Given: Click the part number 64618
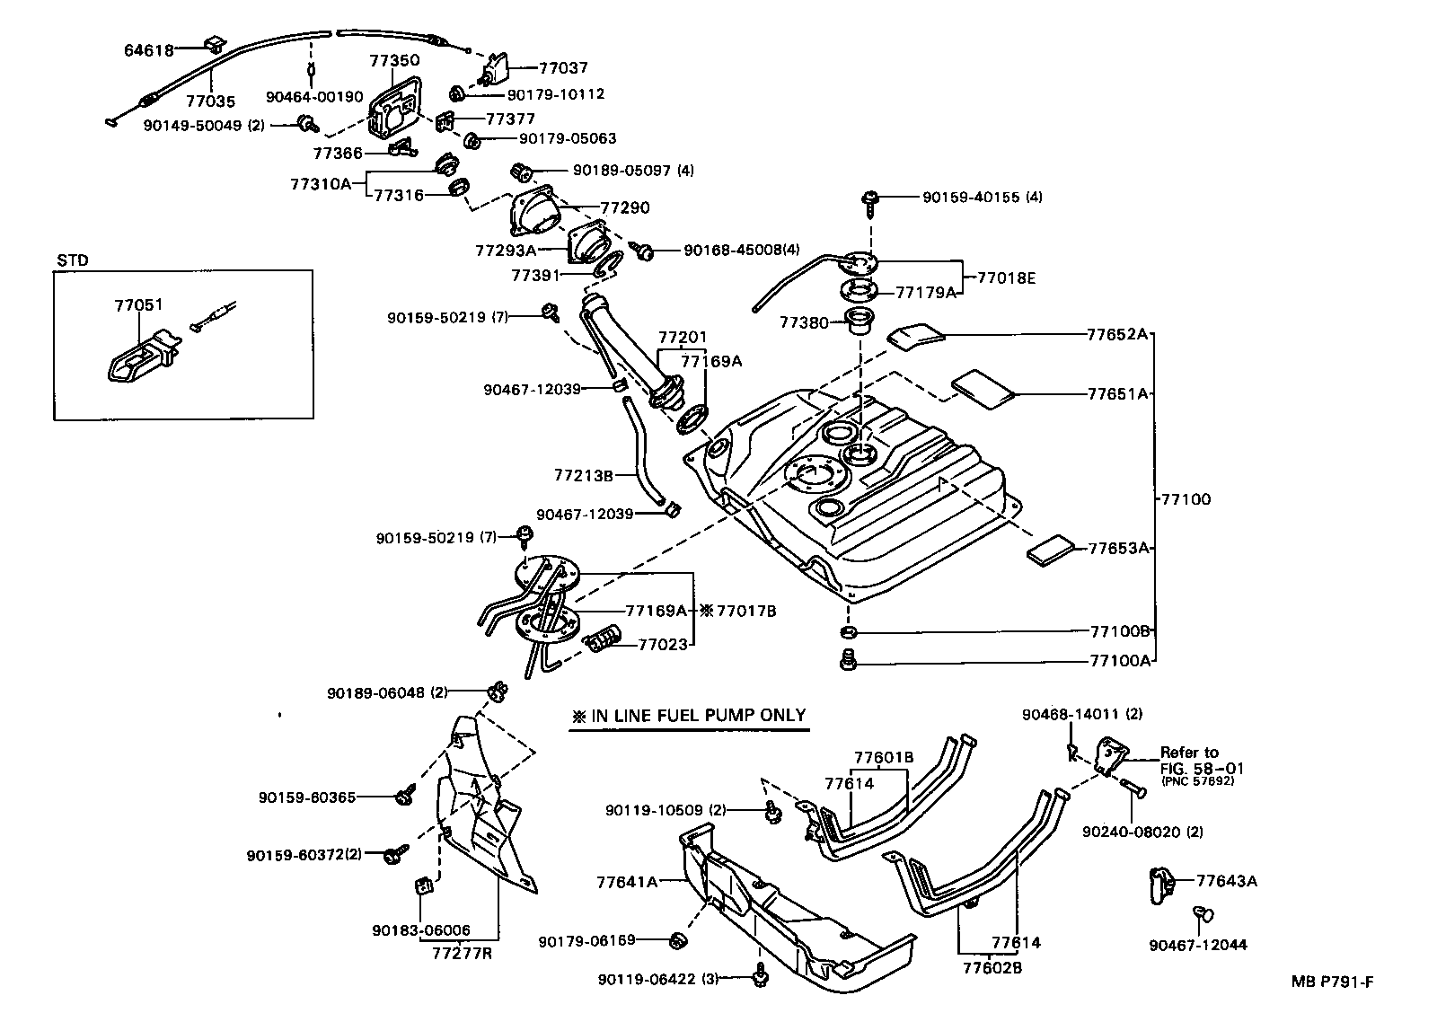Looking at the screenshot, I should (x=148, y=50).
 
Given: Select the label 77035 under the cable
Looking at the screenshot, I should (x=210, y=102).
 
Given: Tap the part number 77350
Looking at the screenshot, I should (x=394, y=60).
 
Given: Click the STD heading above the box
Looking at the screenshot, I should (x=73, y=260).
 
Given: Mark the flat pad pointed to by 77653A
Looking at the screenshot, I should (x=1050, y=551).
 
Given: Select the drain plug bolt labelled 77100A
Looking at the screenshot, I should (x=847, y=661).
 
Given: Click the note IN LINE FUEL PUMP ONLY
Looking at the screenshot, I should (x=690, y=717).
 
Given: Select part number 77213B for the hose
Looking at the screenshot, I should (x=583, y=474).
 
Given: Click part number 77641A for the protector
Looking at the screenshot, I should (x=626, y=882).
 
